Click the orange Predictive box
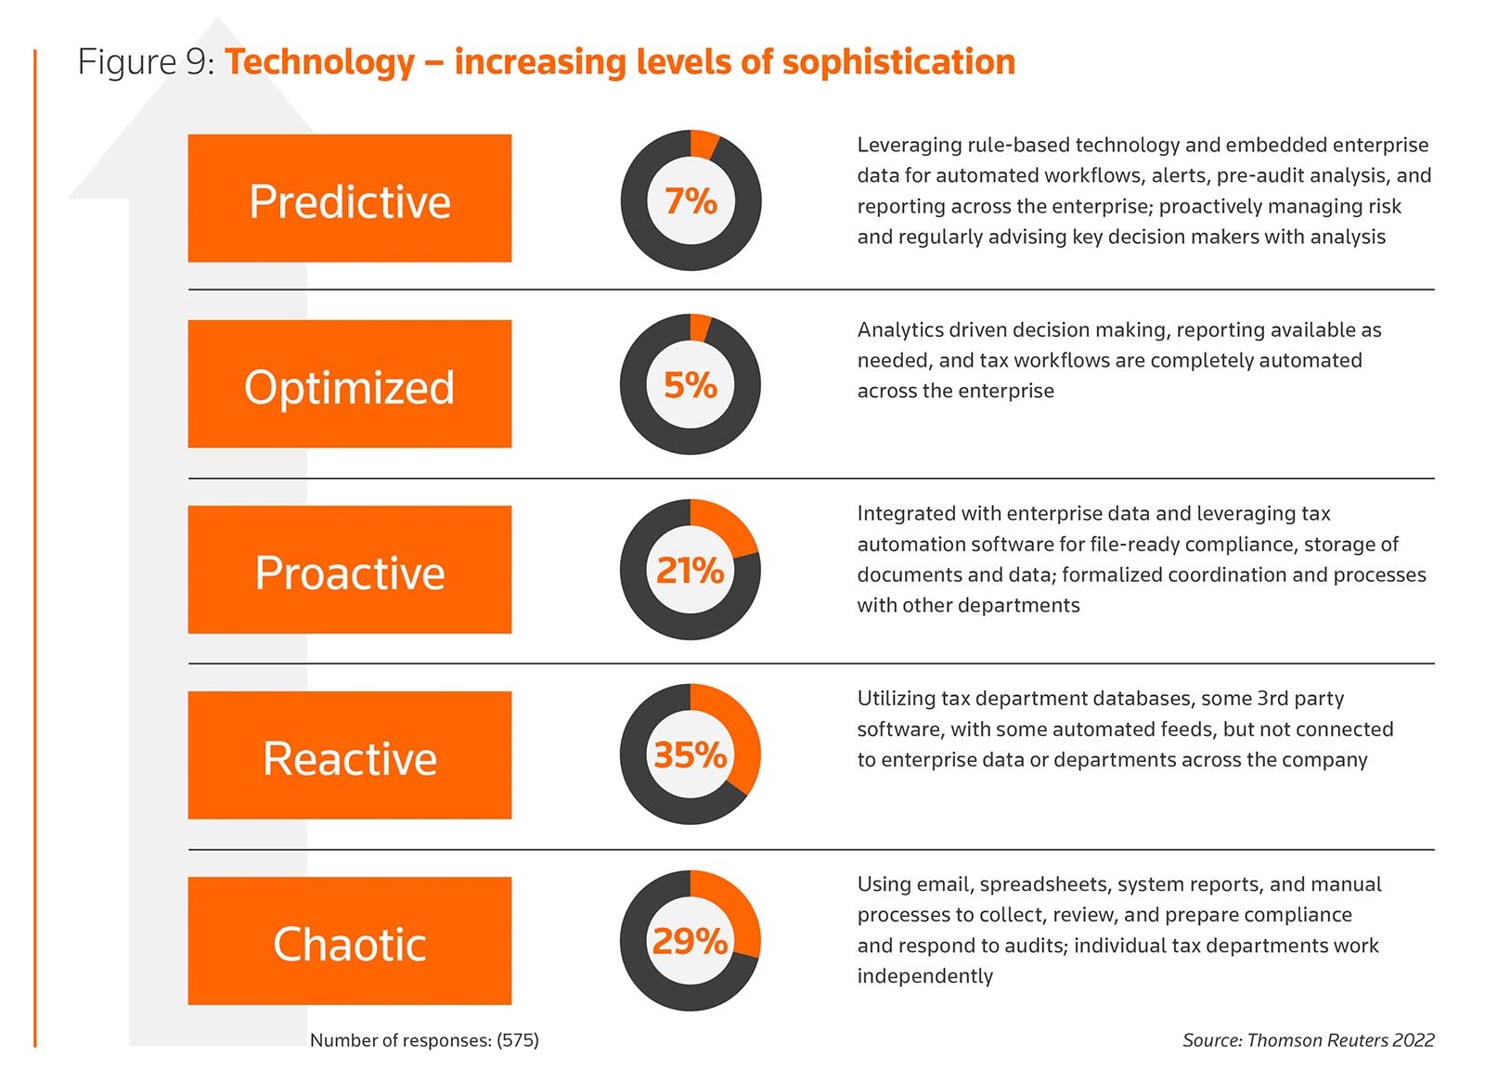(349, 198)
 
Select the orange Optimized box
(349, 383)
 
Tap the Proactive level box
(349, 569)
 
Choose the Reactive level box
(349, 754)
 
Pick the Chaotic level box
(349, 940)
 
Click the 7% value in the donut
(691, 200)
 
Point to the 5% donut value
(691, 385)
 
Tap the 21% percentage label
(691, 570)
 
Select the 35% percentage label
(691, 754)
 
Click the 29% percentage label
(691, 941)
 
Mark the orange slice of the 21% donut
(730, 525)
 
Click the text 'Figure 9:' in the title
(147, 62)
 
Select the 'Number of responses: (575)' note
(424, 1040)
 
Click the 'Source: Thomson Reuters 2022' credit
(1308, 1040)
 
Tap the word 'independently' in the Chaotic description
(924, 976)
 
